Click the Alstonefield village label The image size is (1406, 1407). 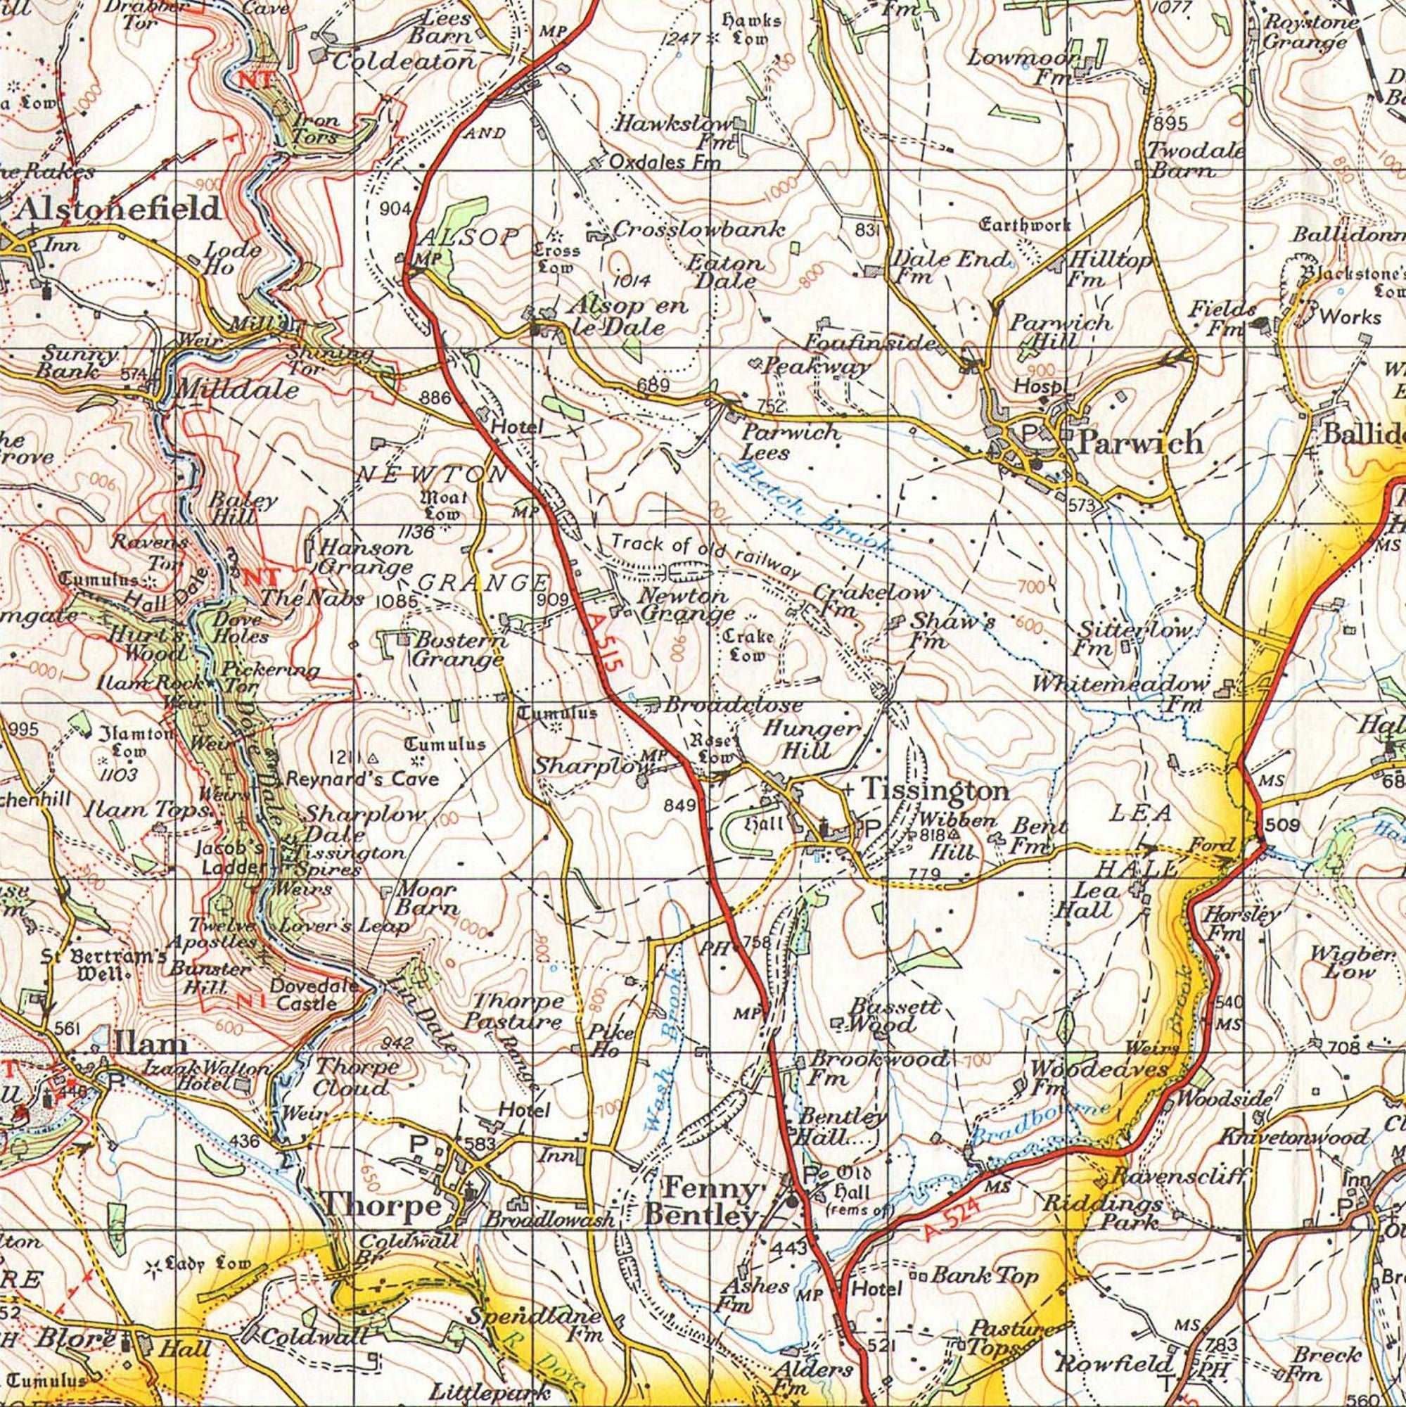[118, 210]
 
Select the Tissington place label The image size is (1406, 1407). [935, 791]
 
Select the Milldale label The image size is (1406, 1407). [236, 390]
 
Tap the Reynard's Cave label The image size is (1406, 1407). [362, 779]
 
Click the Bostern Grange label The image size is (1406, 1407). [459, 649]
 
